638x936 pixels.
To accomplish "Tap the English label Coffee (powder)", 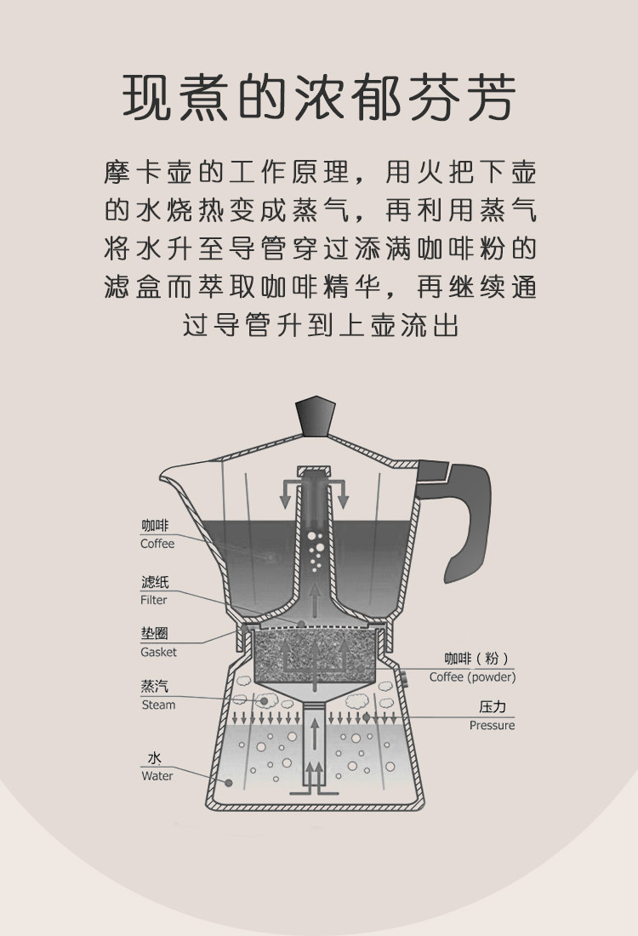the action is (x=472, y=677).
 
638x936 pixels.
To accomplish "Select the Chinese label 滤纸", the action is (x=155, y=583).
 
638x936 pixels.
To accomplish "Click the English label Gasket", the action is (x=158, y=652).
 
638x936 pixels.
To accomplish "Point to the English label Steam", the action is (x=157, y=705).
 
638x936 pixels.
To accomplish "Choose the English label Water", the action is (x=157, y=776).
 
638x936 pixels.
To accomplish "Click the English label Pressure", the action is (x=492, y=726).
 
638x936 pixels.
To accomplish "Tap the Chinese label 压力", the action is (x=493, y=707).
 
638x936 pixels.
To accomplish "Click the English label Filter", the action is (x=154, y=600).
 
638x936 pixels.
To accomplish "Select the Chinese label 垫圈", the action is (x=154, y=634).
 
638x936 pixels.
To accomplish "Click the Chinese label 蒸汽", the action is (x=155, y=687).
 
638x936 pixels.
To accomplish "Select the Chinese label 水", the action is (x=154, y=758).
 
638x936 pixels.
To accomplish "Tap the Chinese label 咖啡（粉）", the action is (x=476, y=659).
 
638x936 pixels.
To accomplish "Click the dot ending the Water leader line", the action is (x=228, y=782).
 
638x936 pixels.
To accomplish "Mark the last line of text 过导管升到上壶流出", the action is (x=319, y=325).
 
